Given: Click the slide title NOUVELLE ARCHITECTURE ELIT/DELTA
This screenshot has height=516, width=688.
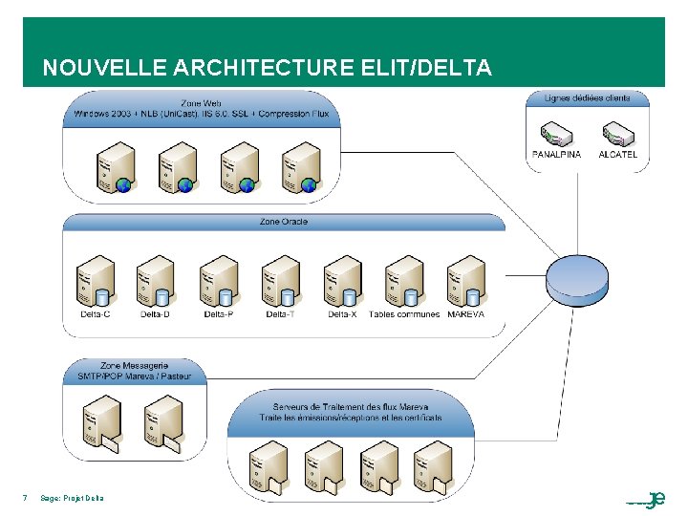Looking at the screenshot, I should (268, 68).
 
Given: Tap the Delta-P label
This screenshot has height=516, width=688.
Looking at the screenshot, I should (219, 314).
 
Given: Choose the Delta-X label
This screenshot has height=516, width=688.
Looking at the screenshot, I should (342, 314).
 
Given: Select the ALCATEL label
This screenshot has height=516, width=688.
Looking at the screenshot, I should (617, 154).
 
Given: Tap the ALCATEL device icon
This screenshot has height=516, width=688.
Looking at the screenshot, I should (617, 133).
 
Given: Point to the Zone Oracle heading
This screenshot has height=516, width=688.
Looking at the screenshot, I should (284, 222).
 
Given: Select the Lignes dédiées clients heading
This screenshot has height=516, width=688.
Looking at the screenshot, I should (587, 97).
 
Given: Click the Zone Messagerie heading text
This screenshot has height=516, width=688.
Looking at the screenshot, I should (134, 370).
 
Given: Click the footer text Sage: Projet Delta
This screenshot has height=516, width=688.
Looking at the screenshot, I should (73, 497).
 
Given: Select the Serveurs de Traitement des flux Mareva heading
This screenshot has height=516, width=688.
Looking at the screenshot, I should (350, 411).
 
